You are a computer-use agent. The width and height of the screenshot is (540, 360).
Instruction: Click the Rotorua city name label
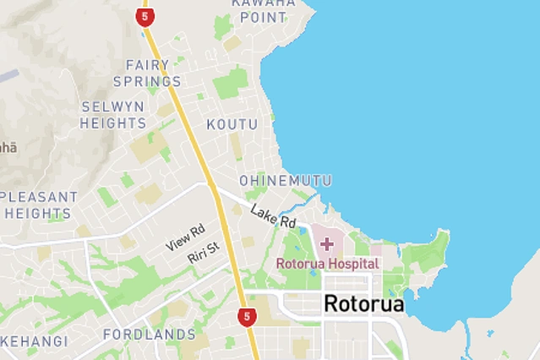364,303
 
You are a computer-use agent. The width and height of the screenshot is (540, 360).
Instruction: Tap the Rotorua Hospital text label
327,264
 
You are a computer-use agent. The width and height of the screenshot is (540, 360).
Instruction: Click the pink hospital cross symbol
326,244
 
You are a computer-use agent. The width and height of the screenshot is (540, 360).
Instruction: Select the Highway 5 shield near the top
145,17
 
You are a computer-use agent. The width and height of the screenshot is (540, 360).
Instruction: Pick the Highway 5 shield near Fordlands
246,317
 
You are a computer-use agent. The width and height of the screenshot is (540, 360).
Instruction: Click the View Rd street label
186,237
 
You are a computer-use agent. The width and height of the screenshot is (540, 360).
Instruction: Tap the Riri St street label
204,252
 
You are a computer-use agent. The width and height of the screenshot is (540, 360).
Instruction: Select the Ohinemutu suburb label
285,181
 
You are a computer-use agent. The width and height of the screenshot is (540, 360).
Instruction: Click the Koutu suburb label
232,124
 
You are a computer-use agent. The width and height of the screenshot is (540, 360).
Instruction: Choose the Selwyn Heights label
113,115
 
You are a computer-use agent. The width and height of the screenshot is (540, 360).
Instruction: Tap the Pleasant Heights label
39,205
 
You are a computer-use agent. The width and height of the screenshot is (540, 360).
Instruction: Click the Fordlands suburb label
150,335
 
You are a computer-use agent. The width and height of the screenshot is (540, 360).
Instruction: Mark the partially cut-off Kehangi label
34,341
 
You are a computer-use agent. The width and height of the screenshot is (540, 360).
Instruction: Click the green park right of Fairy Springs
230,83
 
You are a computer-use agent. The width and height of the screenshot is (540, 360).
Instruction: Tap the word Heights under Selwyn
113,123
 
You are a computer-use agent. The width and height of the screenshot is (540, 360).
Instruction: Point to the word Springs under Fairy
153,82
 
